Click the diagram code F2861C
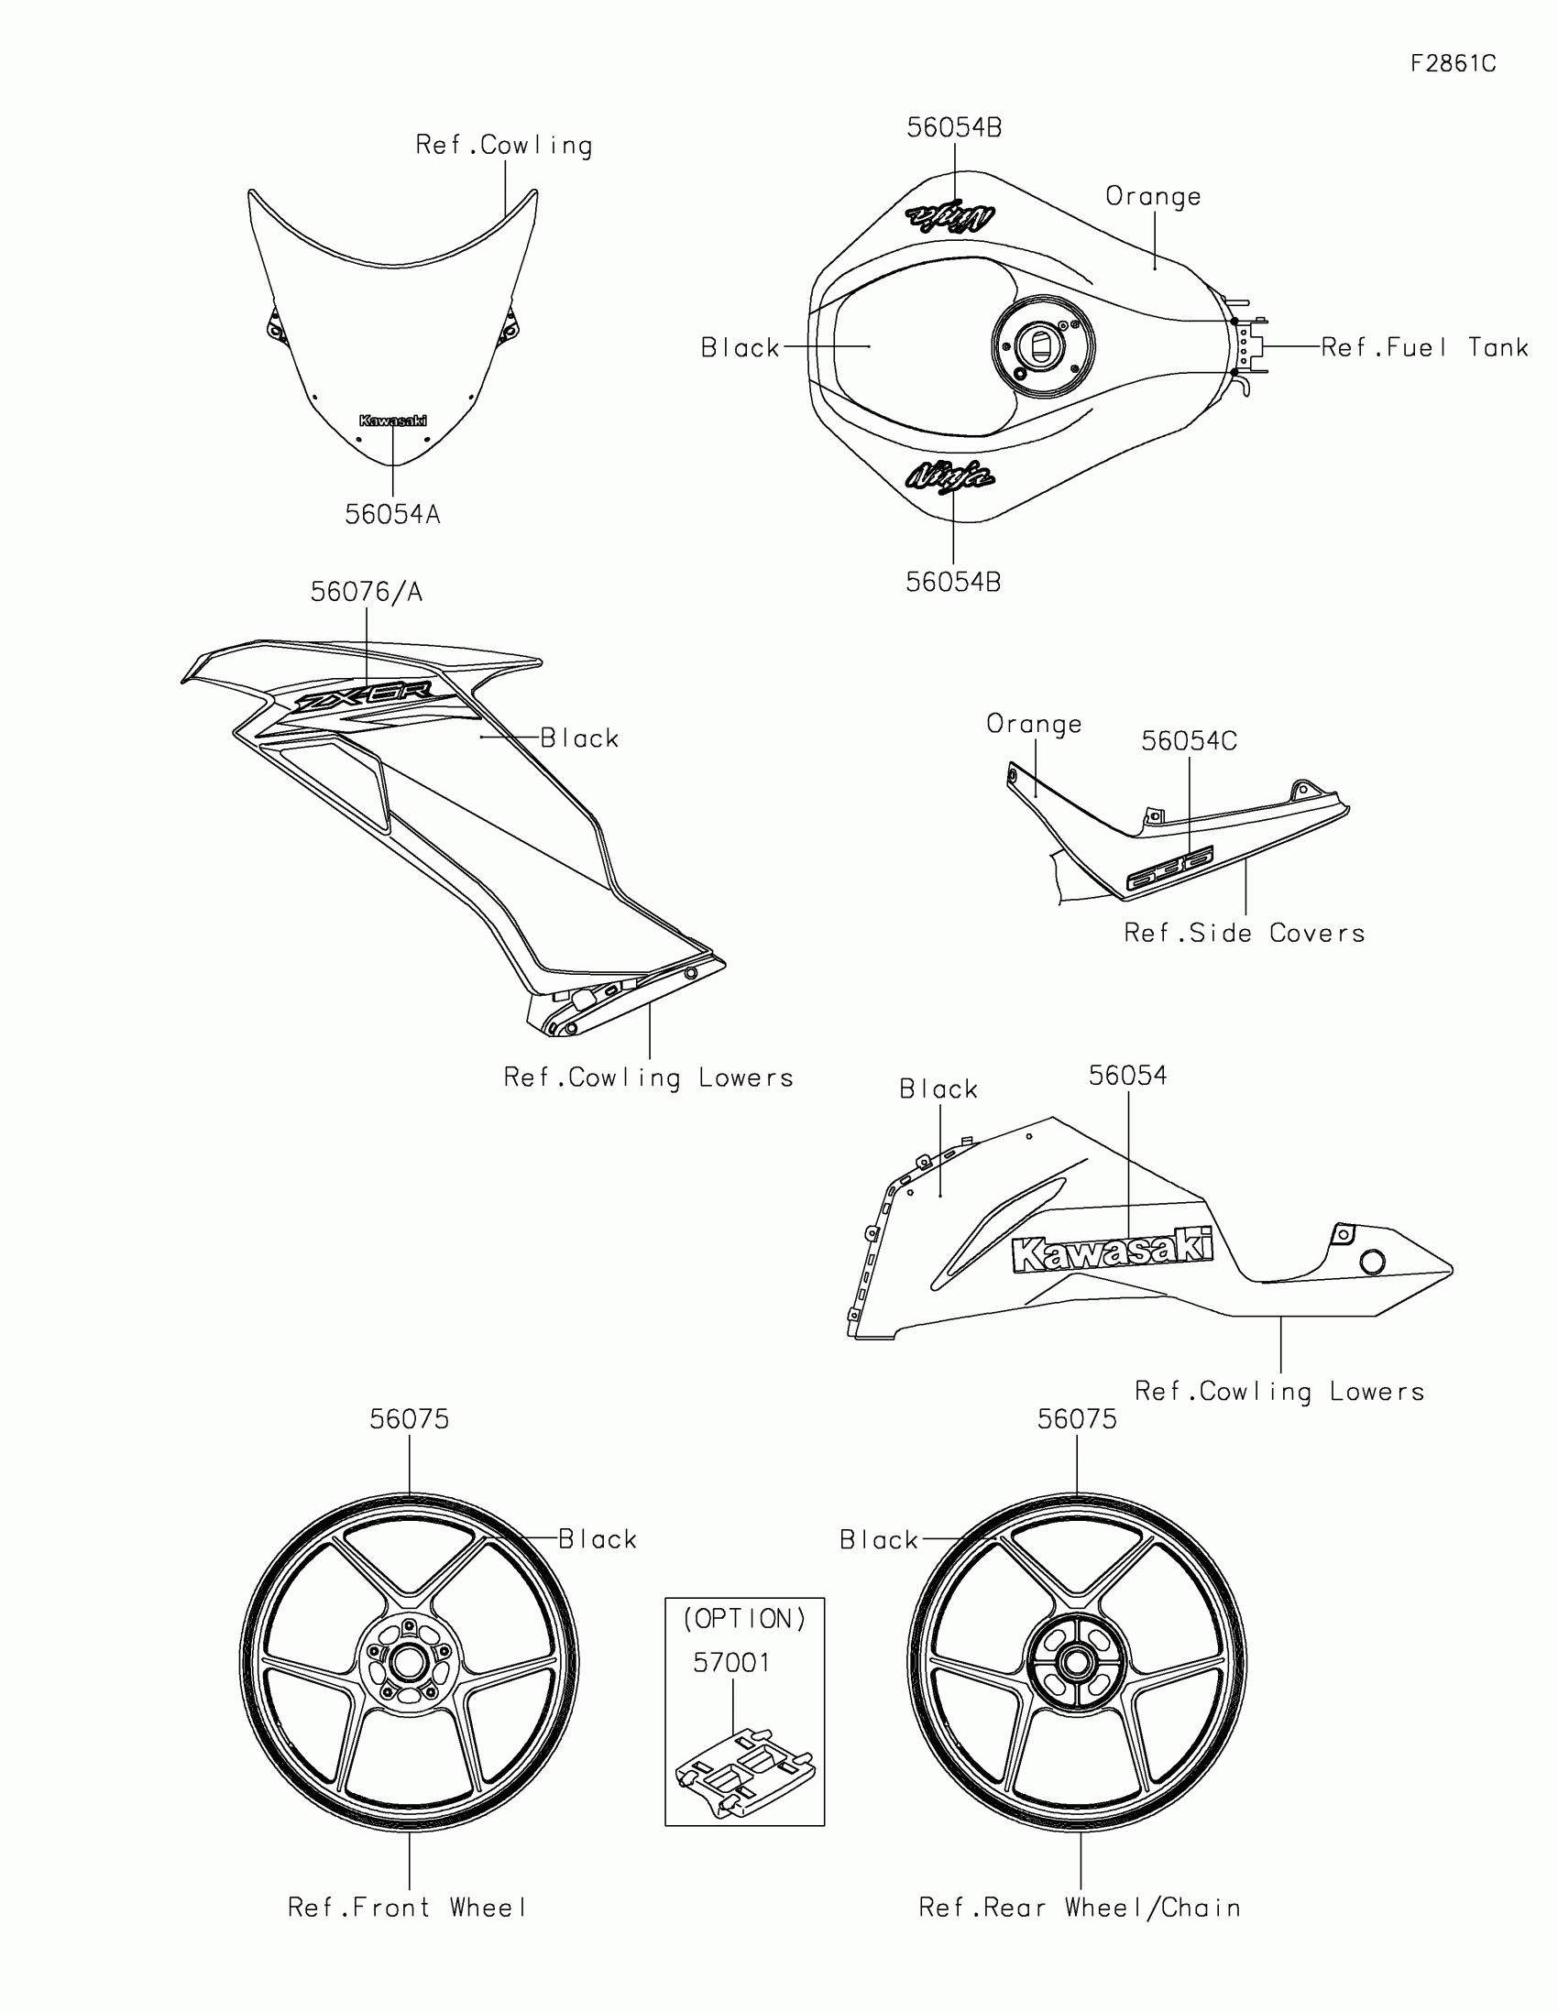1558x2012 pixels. click(1453, 63)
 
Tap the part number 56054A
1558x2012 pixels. click(392, 515)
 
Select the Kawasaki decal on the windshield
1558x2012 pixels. click(392, 421)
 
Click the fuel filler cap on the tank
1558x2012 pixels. click(1042, 347)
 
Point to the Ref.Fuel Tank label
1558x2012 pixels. click(1424, 347)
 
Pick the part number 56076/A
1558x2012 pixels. click(366, 593)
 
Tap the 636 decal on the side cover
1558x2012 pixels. click(1170, 867)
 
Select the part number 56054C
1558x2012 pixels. click(1189, 740)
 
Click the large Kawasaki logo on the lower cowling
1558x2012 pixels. click(1112, 1249)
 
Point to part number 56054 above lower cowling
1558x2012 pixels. click(1128, 1075)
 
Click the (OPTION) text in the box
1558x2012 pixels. click(744, 1619)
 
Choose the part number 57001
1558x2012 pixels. click(731, 1663)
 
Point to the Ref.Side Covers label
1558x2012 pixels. click(1244, 934)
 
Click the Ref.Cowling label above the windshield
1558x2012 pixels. click(504, 146)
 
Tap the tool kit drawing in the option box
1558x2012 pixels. click(744, 1771)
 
